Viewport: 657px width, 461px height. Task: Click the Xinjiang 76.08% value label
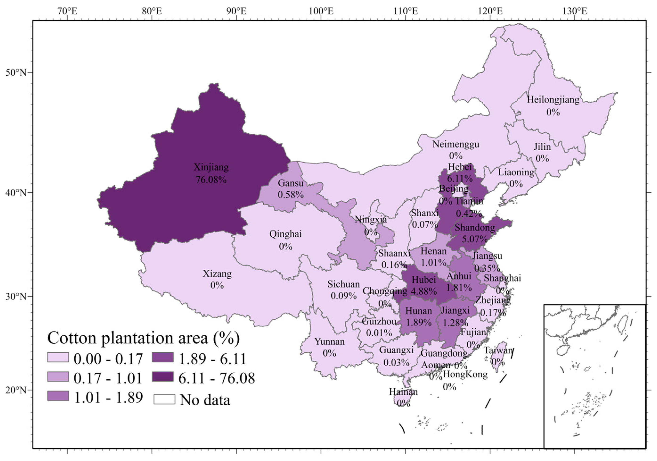pyautogui.click(x=211, y=180)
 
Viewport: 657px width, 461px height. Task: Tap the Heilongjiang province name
pyautogui.click(x=553, y=100)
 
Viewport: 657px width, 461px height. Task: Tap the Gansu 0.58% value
pyautogui.click(x=290, y=195)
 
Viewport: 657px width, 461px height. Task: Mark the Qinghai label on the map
pyautogui.click(x=285, y=234)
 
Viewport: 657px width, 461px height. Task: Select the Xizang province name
pyautogui.click(x=217, y=273)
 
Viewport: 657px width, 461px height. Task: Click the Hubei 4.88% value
pyautogui.click(x=424, y=291)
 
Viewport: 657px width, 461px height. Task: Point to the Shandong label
pyautogui.click(x=475, y=227)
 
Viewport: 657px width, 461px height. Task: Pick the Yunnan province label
pyautogui.click(x=329, y=341)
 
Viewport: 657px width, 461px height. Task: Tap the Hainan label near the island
pyautogui.click(x=403, y=391)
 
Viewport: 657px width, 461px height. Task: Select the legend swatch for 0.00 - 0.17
pyautogui.click(x=58, y=357)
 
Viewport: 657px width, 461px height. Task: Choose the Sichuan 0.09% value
pyautogui.click(x=343, y=296)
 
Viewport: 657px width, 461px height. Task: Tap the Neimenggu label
pyautogui.click(x=456, y=144)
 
